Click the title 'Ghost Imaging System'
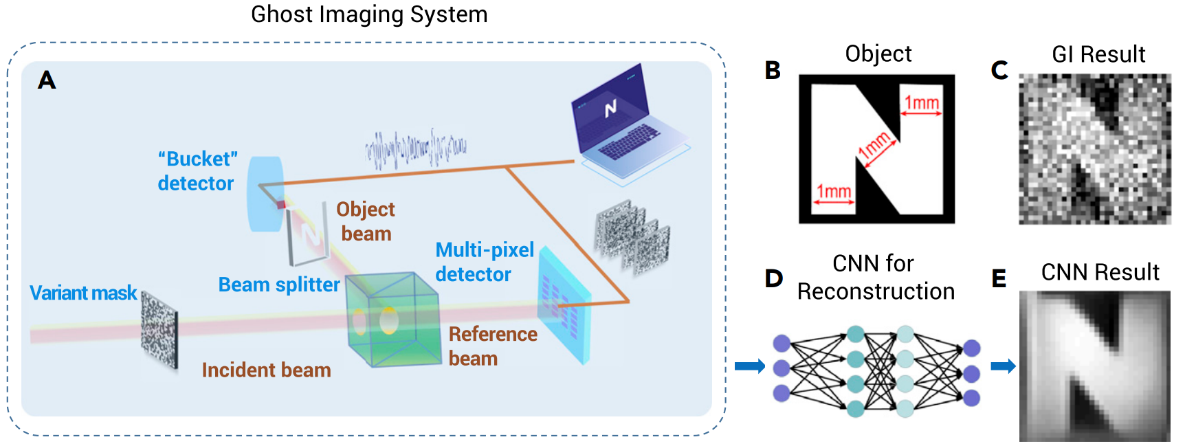click(x=369, y=14)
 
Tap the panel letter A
click(x=47, y=80)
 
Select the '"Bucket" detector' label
click(x=197, y=171)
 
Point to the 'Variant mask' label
click(x=83, y=293)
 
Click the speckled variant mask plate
click(x=159, y=328)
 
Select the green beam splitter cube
click(x=392, y=320)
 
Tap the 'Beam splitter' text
click(x=279, y=285)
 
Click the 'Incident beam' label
click(x=266, y=370)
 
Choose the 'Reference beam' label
click(x=492, y=346)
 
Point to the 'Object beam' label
click(x=366, y=221)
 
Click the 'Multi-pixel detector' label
click(x=484, y=262)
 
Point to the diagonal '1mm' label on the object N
click(x=874, y=146)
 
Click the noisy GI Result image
click(x=1094, y=149)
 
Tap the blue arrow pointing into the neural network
click(x=749, y=366)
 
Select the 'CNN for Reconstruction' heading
click(x=875, y=277)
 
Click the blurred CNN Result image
click(x=1094, y=366)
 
